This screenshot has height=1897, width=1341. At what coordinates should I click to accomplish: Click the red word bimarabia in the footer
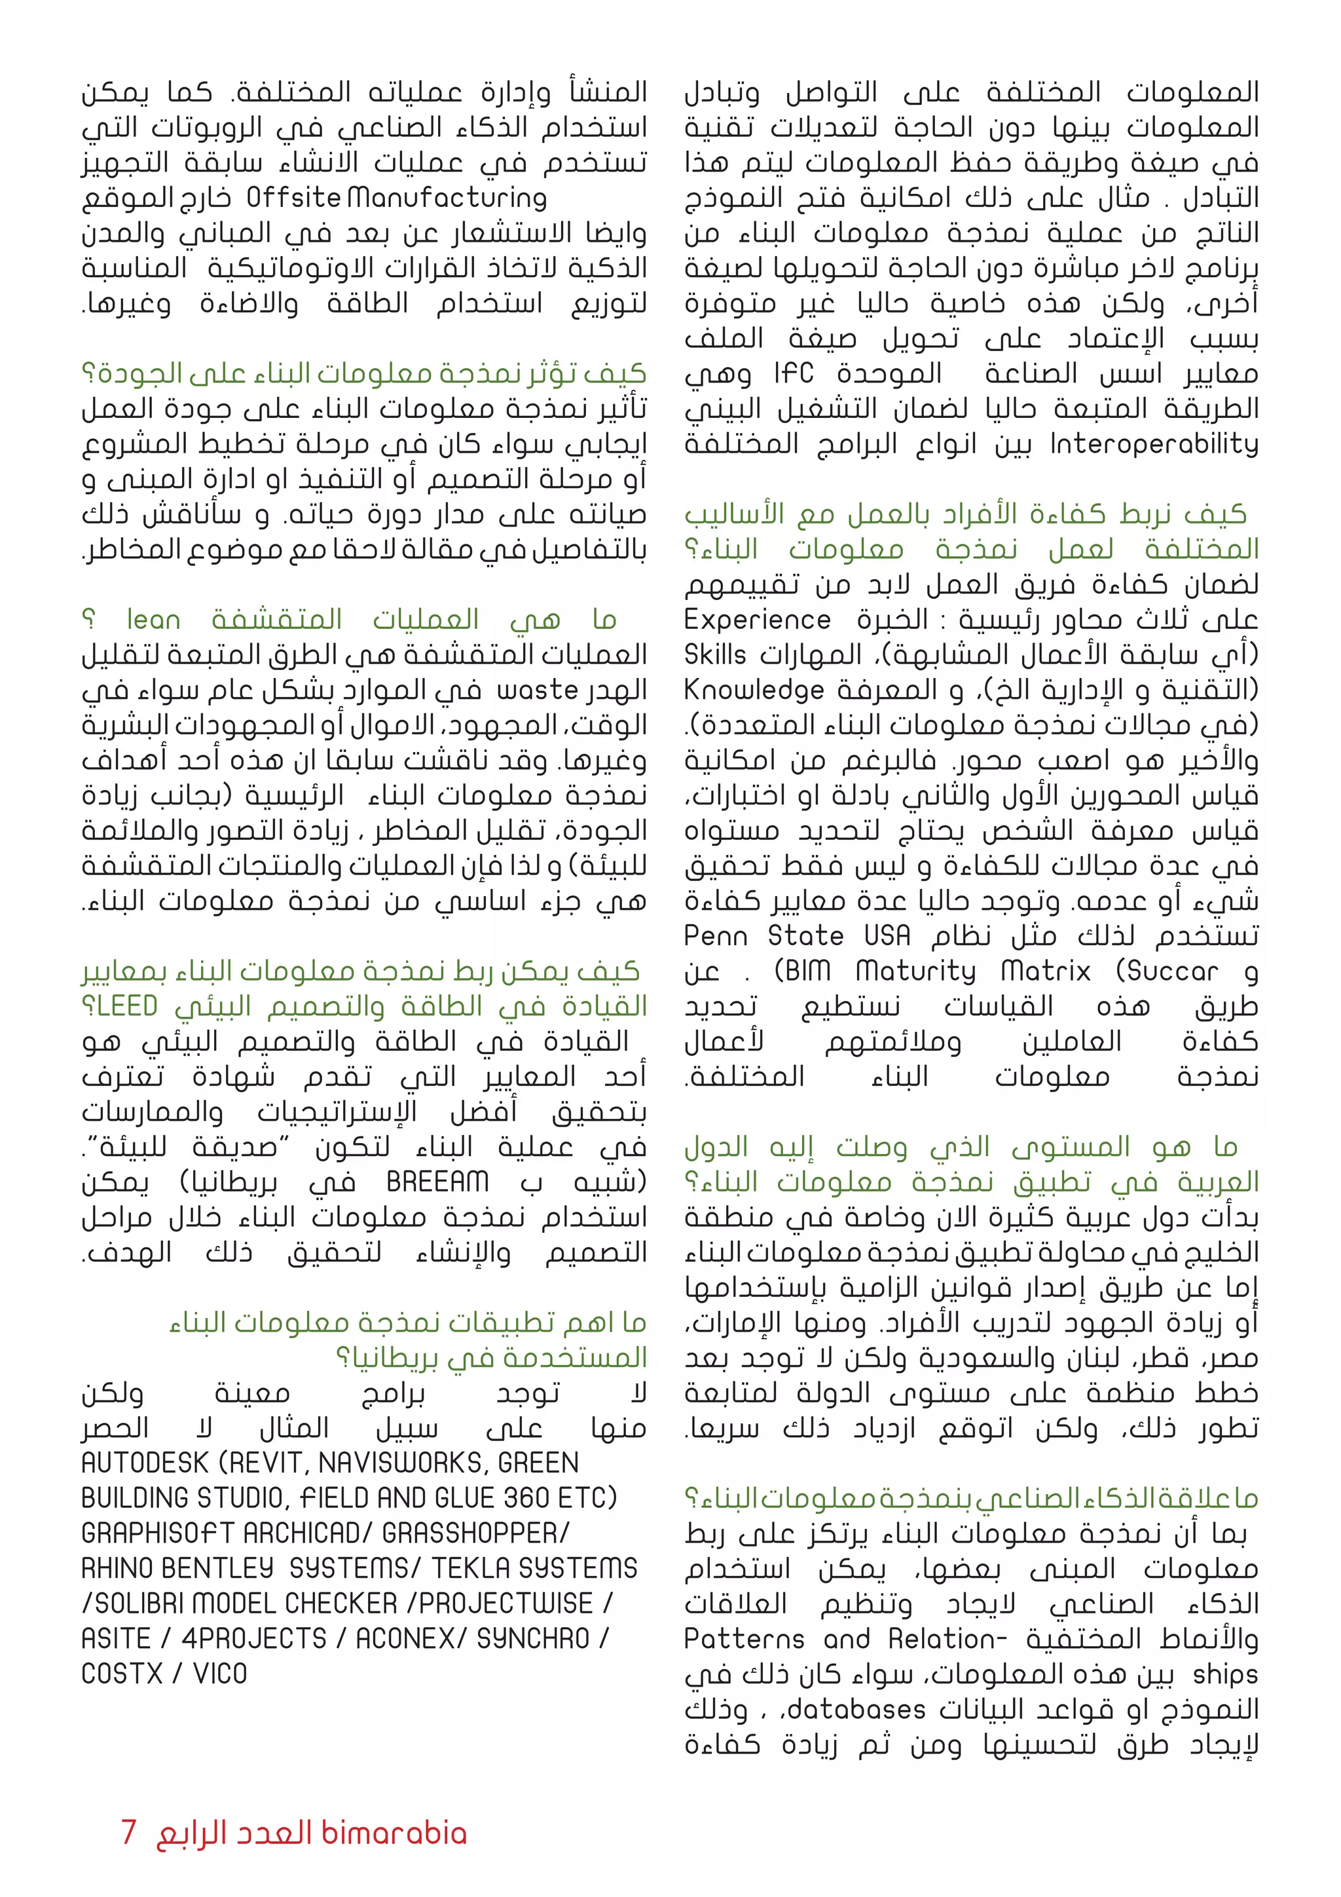[x=394, y=1833]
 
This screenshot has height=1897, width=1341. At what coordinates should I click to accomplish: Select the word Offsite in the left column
[x=293, y=198]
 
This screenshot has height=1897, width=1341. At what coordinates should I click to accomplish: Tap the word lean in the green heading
[x=154, y=620]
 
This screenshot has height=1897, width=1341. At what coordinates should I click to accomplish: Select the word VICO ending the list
[x=219, y=1674]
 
